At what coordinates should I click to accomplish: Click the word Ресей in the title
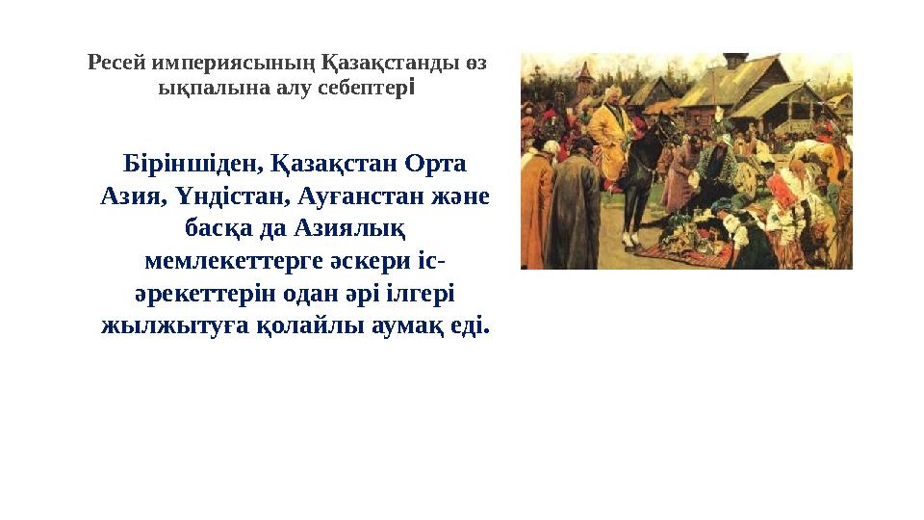coord(115,64)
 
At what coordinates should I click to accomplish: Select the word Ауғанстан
coord(339,195)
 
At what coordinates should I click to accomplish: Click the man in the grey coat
coord(575,207)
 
